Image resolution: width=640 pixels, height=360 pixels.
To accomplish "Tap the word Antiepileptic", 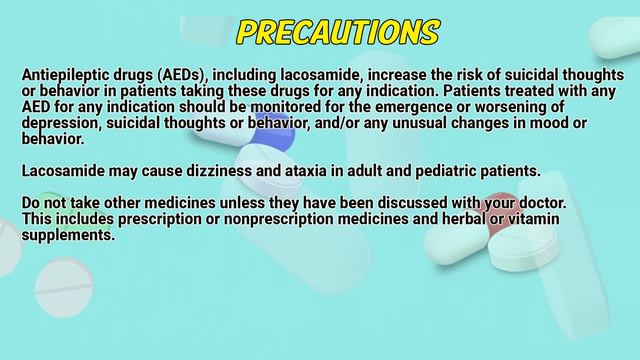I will (66, 75).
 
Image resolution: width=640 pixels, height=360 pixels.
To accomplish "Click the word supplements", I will (69, 236).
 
